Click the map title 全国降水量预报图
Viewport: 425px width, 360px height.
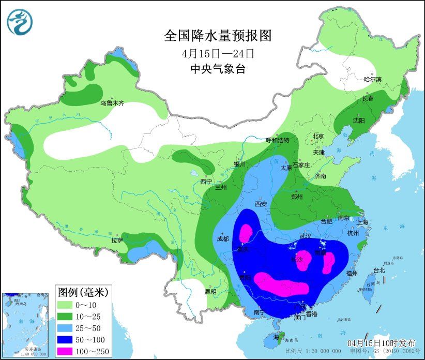[x=217, y=36]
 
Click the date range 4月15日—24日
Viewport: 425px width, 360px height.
[x=217, y=53]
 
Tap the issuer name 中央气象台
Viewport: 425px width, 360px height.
[x=217, y=69]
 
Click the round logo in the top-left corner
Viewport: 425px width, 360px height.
[x=20, y=22]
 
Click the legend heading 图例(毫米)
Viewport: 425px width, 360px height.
[x=83, y=293]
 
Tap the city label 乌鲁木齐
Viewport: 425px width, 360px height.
[x=112, y=103]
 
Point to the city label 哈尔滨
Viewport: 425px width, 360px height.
[x=372, y=79]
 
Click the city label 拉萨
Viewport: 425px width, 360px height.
[x=117, y=241]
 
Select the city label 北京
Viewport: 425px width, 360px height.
[x=317, y=137]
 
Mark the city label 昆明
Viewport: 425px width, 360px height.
[x=210, y=292]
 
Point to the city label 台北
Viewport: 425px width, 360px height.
[x=379, y=270]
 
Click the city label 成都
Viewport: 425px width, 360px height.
[x=223, y=239]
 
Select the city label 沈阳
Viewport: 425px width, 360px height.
[x=358, y=121]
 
